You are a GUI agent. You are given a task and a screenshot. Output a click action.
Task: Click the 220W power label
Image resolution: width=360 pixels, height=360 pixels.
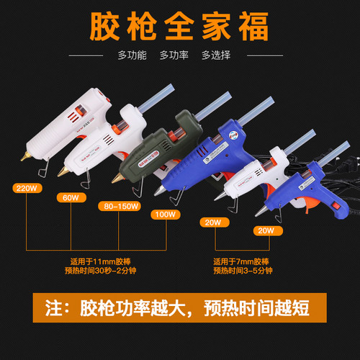click(x=26, y=189)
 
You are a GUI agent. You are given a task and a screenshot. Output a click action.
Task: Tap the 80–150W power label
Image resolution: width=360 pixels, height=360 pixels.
click(x=118, y=205)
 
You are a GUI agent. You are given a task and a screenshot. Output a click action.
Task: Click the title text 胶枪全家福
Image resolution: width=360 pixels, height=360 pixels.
click(x=179, y=27)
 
